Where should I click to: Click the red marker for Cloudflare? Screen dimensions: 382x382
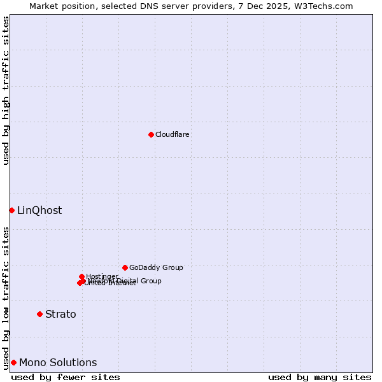tap(151, 134)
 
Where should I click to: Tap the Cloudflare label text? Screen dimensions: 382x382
tap(173, 134)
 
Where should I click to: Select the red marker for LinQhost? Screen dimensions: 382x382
tap(11, 210)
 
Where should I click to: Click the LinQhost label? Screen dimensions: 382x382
tap(39, 210)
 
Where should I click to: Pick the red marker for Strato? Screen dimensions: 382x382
tap(39, 314)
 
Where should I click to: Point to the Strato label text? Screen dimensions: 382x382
tap(60, 314)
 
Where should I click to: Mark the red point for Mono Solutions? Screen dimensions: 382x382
tap(13, 362)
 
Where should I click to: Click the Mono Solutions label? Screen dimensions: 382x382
tap(58, 362)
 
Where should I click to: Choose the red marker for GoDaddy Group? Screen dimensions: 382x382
tap(125, 267)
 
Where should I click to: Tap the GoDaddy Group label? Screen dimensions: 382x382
tap(156, 267)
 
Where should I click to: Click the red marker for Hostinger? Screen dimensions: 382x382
tap(81, 276)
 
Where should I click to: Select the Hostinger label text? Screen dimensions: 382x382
tap(102, 276)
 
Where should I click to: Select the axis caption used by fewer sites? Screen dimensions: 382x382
tap(66, 377)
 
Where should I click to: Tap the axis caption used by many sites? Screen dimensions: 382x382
tap(320, 377)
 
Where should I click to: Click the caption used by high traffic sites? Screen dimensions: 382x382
tap(6, 90)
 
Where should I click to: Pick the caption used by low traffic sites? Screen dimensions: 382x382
tap(6, 298)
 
